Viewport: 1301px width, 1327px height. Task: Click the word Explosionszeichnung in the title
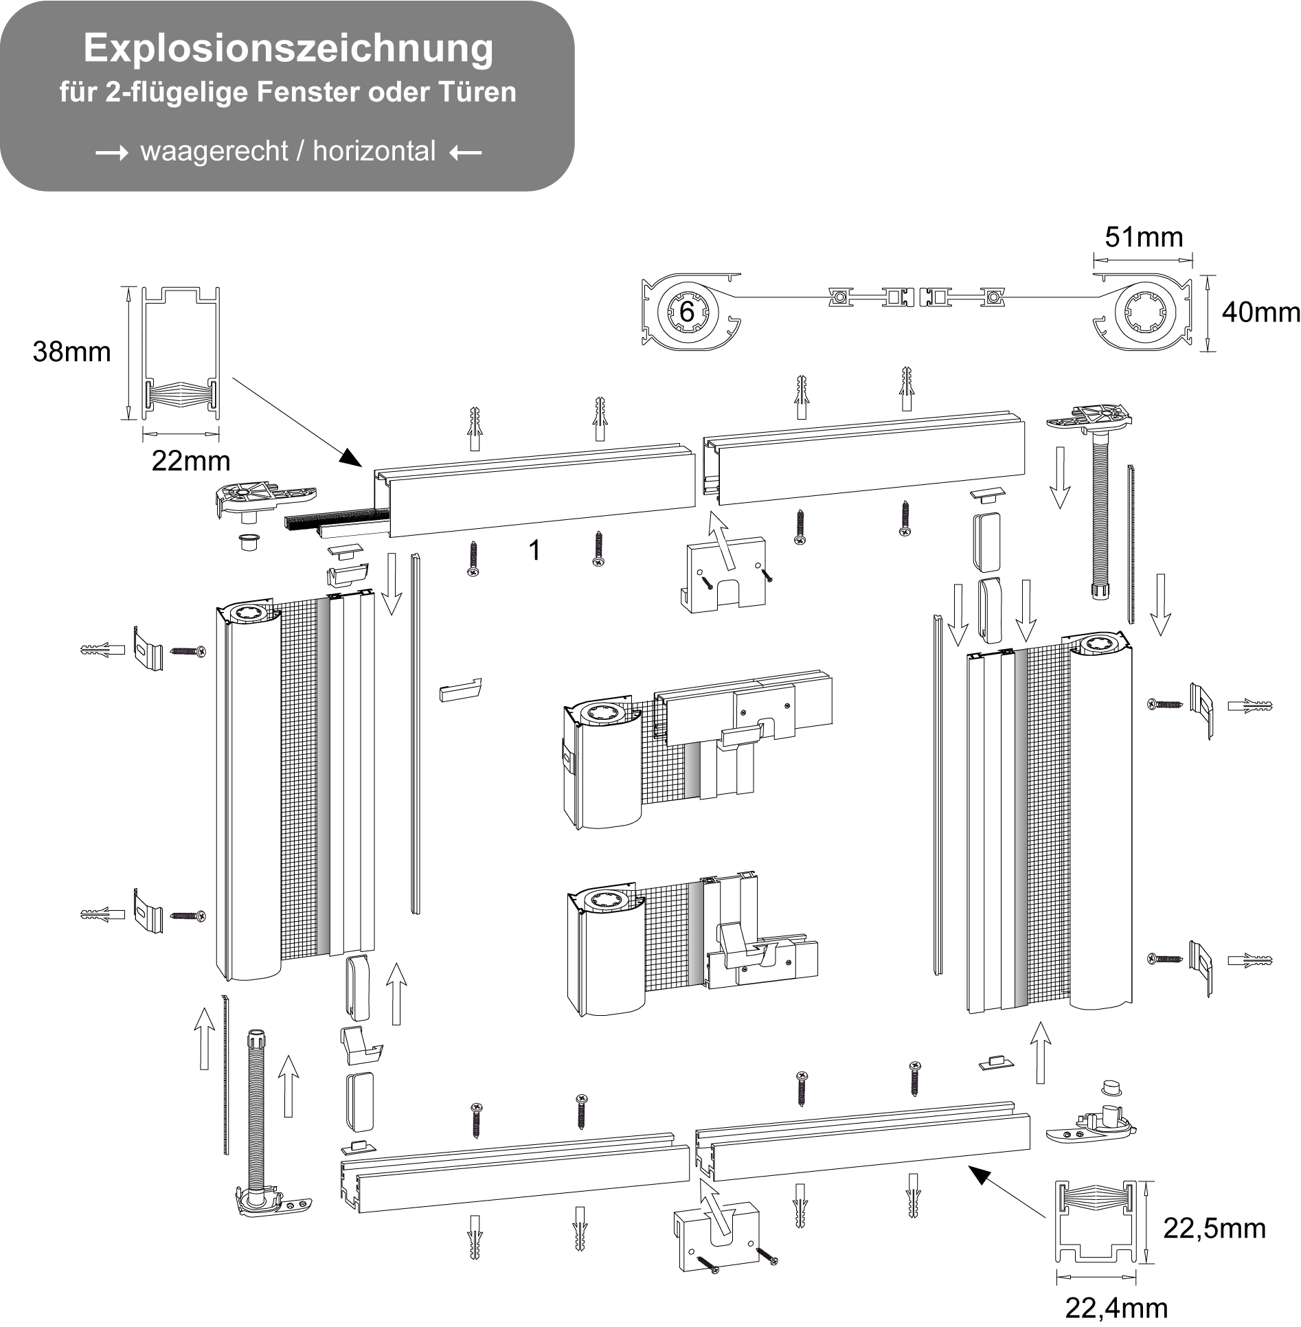coord(289,48)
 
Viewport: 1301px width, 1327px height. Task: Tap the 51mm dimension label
coord(1144,237)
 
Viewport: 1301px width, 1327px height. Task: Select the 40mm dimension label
coord(1260,313)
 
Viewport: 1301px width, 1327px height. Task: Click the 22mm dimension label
coord(190,460)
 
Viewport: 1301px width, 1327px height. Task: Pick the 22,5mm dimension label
coord(1214,1228)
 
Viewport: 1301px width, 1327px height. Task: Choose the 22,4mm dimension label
coord(1116,1308)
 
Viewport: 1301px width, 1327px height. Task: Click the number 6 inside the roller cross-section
coord(686,312)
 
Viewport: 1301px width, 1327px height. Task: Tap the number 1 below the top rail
coord(534,550)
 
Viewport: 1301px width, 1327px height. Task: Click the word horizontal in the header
coord(374,151)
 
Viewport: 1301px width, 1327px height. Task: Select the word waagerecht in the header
coord(214,151)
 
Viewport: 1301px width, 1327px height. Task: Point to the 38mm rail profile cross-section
coord(180,354)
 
